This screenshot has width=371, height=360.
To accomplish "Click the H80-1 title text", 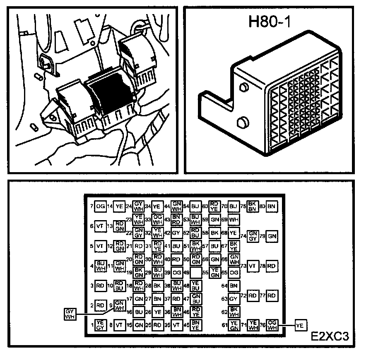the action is pos(269,22).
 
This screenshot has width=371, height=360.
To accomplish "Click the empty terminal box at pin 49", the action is pos(196,272).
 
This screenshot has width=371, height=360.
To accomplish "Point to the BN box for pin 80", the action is pos(272,206).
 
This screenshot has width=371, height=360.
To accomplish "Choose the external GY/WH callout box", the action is pos(70,314).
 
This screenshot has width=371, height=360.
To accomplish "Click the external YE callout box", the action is pos(300,325).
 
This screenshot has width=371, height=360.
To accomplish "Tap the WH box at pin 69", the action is pos(234,219).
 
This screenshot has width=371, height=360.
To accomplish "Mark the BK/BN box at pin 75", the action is pos(253,206).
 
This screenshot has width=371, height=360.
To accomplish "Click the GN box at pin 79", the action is pos(272,236).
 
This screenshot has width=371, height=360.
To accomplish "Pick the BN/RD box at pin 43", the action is pos(177,219).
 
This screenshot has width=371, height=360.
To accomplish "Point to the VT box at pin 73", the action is pos(253,266).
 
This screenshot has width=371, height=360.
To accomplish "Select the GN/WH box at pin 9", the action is pos(119,305).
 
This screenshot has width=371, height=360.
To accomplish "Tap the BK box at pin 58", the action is pos(215,233).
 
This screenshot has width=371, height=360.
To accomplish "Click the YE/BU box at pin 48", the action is pos(196,285).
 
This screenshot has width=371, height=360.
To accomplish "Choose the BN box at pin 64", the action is pos(234,285).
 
